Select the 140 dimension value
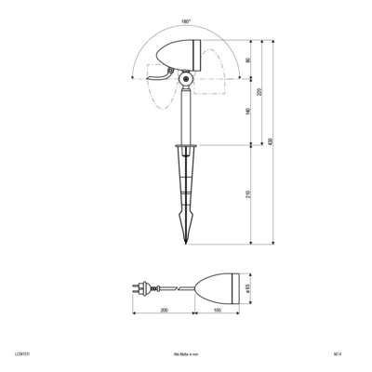point(247,112)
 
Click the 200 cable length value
point(164,311)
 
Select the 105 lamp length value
point(217,311)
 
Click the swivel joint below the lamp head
point(186,81)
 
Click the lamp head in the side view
point(179,57)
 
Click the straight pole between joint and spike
point(186,116)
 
